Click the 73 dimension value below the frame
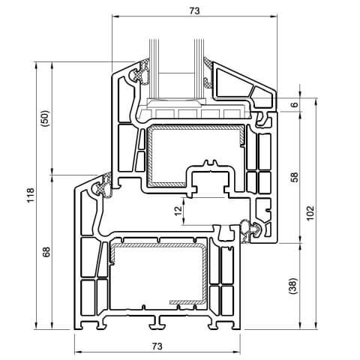[157, 346]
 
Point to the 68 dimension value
[45, 253]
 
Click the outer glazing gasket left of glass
[137, 75]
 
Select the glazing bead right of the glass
[240, 82]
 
